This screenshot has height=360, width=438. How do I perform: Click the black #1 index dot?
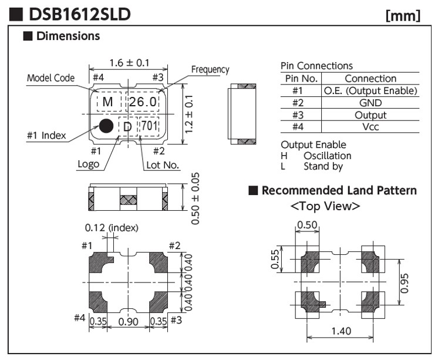coord(106,125)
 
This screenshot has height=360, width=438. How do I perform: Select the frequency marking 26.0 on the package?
coord(143,102)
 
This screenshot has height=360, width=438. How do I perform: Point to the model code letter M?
coord(107,102)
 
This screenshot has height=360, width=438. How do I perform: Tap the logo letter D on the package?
coord(127,126)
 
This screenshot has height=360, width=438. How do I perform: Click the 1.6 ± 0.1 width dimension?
coord(129,63)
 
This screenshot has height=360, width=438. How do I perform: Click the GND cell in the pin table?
coord(370,103)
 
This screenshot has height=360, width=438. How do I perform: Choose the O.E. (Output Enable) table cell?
coord(370,91)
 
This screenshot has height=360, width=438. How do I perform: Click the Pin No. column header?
coord(301,79)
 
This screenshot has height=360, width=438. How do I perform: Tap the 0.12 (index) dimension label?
coord(112,227)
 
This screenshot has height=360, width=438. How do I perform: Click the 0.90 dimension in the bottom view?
coord(128,321)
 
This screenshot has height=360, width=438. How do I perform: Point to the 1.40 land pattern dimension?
coord(341,331)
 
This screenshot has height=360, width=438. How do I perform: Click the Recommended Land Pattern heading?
coord(339,190)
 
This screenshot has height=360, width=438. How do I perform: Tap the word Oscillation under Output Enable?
coord(327,156)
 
